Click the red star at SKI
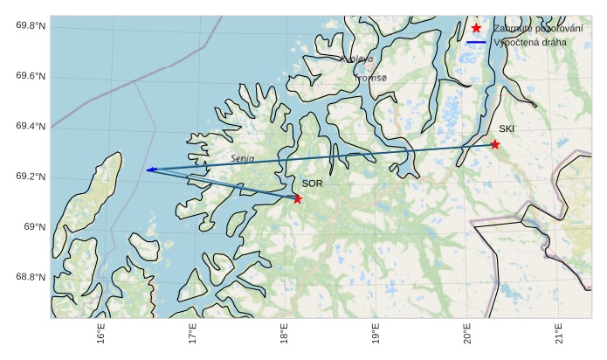pyautogui.click(x=494, y=144)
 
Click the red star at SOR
pyautogui.click(x=298, y=199)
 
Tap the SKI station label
pyautogui.click(x=507, y=129)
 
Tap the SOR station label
pyautogui.click(x=312, y=183)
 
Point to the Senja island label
pyautogui.click(x=243, y=159)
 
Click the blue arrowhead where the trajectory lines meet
pyautogui.click(x=149, y=170)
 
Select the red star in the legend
pyautogui.click(x=476, y=28)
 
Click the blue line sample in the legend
pyautogui.click(x=476, y=42)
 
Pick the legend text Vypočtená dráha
pyautogui.click(x=530, y=42)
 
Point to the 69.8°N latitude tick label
pyautogui.click(x=31, y=26)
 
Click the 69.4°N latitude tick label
pyautogui.click(x=31, y=127)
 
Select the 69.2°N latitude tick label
pyautogui.click(x=31, y=177)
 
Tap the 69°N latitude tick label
pyautogui.click(x=35, y=227)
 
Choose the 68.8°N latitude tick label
pyautogui.click(x=31, y=278)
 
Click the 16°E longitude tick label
pyautogui.click(x=101, y=335)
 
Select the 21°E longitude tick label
pyautogui.click(x=558, y=335)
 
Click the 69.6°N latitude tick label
pyautogui.click(x=31, y=77)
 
